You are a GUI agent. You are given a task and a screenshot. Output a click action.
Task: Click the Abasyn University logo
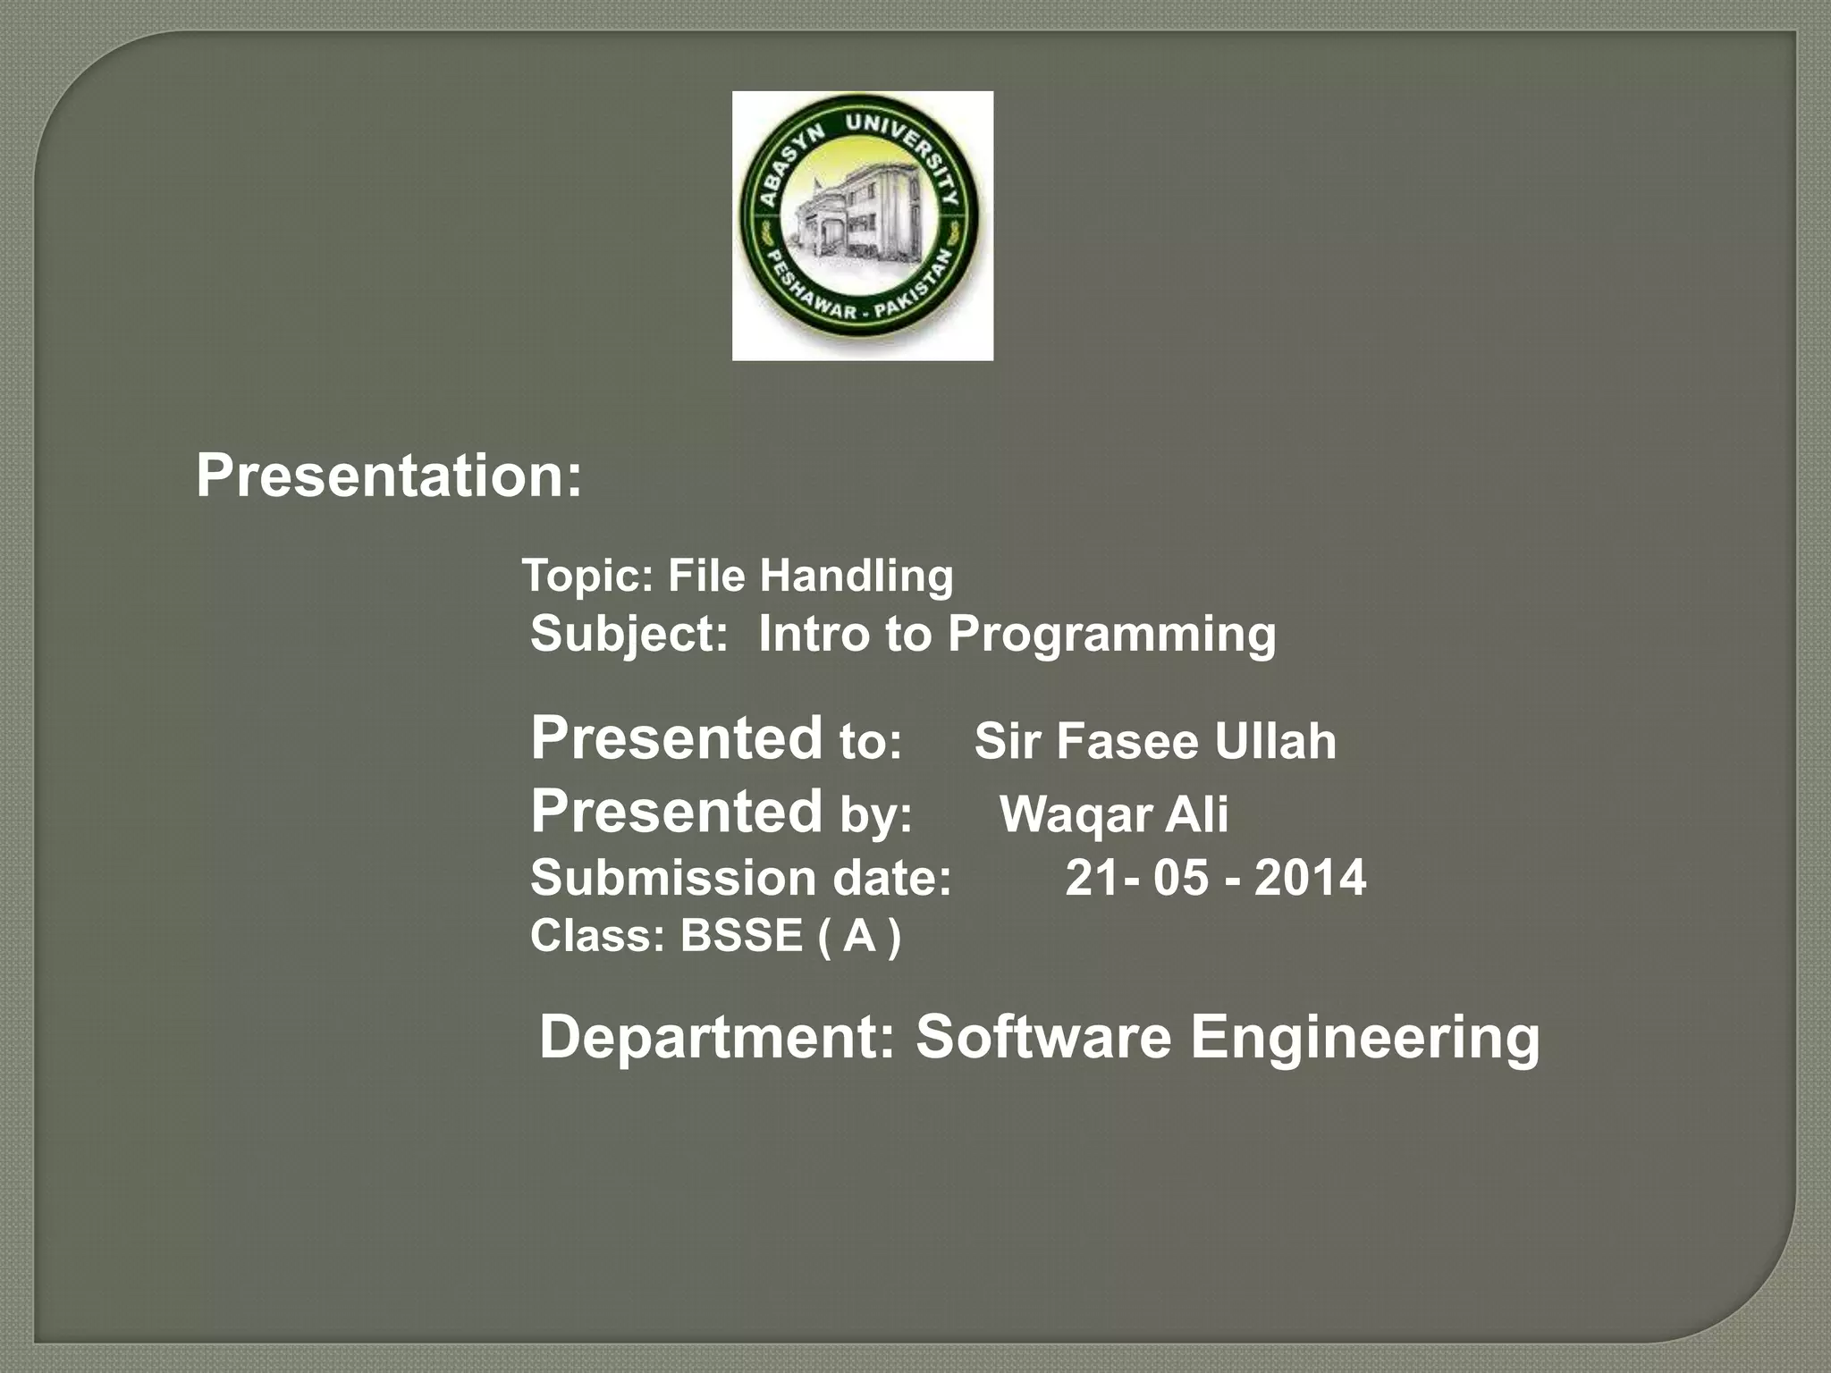(x=862, y=225)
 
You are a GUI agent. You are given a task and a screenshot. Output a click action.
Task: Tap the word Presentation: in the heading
(x=389, y=476)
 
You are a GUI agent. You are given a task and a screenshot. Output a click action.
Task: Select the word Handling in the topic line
(x=856, y=576)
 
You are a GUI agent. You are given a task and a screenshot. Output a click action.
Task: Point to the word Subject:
(x=629, y=635)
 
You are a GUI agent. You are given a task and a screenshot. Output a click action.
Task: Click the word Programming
(x=1111, y=635)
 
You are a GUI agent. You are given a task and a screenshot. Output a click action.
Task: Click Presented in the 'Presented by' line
(x=676, y=812)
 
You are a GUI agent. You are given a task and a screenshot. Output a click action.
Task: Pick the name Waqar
(x=1076, y=815)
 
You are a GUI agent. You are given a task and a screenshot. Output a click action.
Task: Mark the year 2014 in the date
(x=1310, y=878)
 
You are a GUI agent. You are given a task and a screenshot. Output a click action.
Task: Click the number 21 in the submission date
(x=1091, y=878)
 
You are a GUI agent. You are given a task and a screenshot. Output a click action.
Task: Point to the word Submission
(x=672, y=878)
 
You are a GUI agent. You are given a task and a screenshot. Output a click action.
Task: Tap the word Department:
(x=716, y=1037)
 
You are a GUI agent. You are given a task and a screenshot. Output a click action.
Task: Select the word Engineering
(x=1364, y=1039)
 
